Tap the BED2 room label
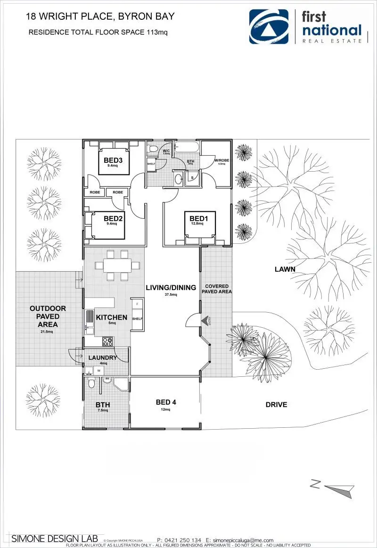[113, 218]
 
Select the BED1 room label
[198, 218]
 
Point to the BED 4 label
[166, 402]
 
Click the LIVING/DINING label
[171, 287]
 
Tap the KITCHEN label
[112, 317]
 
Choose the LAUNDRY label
[102, 357]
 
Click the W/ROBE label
[221, 161]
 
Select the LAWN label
[285, 269]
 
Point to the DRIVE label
[276, 404]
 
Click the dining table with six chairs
[118, 265]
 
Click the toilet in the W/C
[153, 149]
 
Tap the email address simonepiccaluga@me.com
[243, 540]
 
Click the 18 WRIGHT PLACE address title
[100, 17]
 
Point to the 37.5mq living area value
[171, 295]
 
